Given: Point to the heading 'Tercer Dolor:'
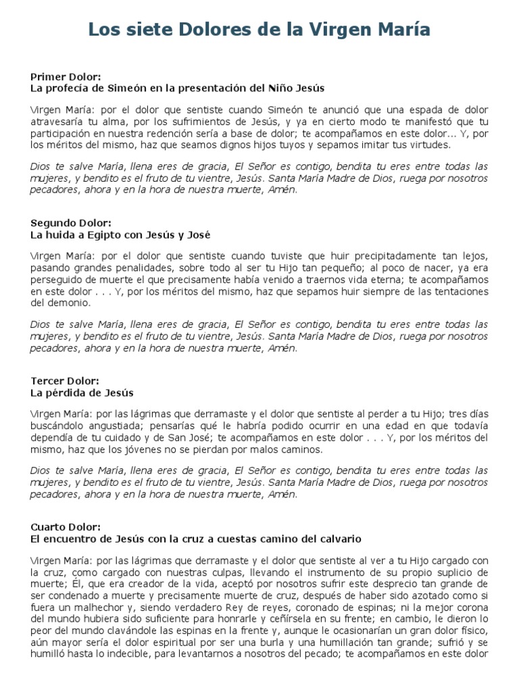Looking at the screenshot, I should click(x=65, y=381).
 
